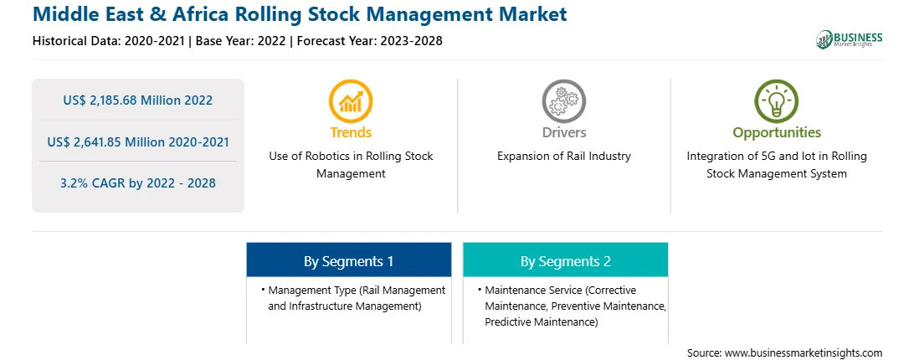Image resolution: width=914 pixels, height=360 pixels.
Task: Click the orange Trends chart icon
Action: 351,101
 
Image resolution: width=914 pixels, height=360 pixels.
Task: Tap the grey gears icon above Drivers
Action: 563,101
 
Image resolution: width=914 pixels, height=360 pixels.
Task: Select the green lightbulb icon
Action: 777,101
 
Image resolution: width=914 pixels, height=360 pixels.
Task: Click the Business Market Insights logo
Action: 850,39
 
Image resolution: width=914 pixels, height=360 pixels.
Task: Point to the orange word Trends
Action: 351,132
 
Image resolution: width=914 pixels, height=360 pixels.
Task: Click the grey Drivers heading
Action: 563,132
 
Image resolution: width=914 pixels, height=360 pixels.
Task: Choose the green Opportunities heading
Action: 777,133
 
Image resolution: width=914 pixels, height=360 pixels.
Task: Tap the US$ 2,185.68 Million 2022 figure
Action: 137,100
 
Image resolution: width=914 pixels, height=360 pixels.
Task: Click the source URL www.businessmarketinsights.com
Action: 804,352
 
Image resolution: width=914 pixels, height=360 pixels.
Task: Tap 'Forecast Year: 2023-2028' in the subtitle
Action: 370,41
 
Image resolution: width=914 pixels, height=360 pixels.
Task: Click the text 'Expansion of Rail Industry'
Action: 563,157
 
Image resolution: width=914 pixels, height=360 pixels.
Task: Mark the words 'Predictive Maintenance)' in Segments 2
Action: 542,322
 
